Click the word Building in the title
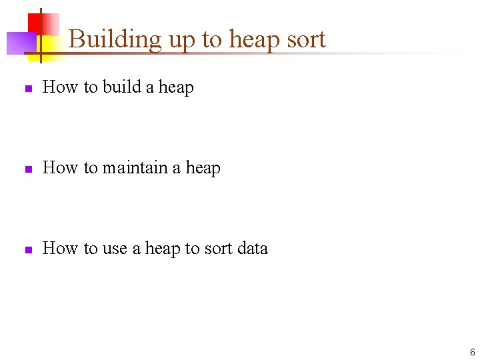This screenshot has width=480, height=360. pos(115,40)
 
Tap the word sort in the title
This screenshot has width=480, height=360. pos(305,40)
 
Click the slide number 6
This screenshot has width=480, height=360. pos(472,353)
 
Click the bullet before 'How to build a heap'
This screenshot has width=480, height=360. pos(27,89)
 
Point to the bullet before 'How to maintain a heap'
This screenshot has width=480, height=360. pos(27,169)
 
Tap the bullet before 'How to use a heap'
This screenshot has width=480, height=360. pos(27,250)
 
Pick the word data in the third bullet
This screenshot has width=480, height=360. pos(252,249)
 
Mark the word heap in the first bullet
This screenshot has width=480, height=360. pos(176,88)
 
